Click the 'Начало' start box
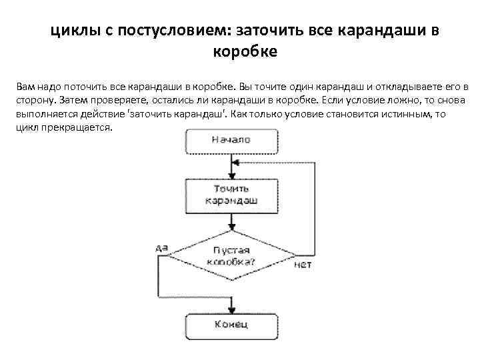coord(231,140)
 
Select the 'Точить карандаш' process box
coord(231,194)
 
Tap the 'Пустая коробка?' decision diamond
coord(231,256)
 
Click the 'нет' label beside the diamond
coord(302,265)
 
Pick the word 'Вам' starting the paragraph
coord(23,87)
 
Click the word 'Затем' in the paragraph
coord(72,101)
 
